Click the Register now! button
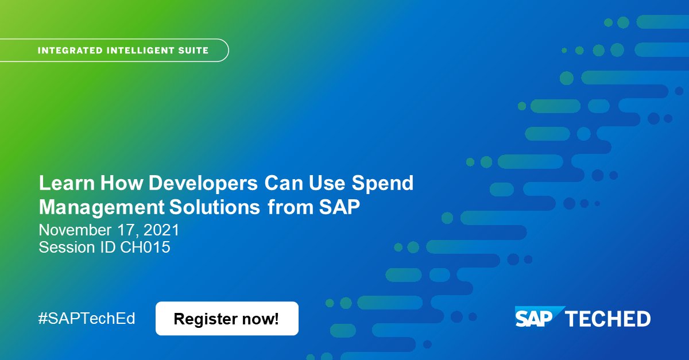pos(227,319)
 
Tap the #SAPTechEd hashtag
pos(87,319)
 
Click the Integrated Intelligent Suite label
pos(123,51)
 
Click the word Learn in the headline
pos(67,184)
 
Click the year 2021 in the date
pos(162,231)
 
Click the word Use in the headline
pos(328,184)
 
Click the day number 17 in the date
pos(130,231)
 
